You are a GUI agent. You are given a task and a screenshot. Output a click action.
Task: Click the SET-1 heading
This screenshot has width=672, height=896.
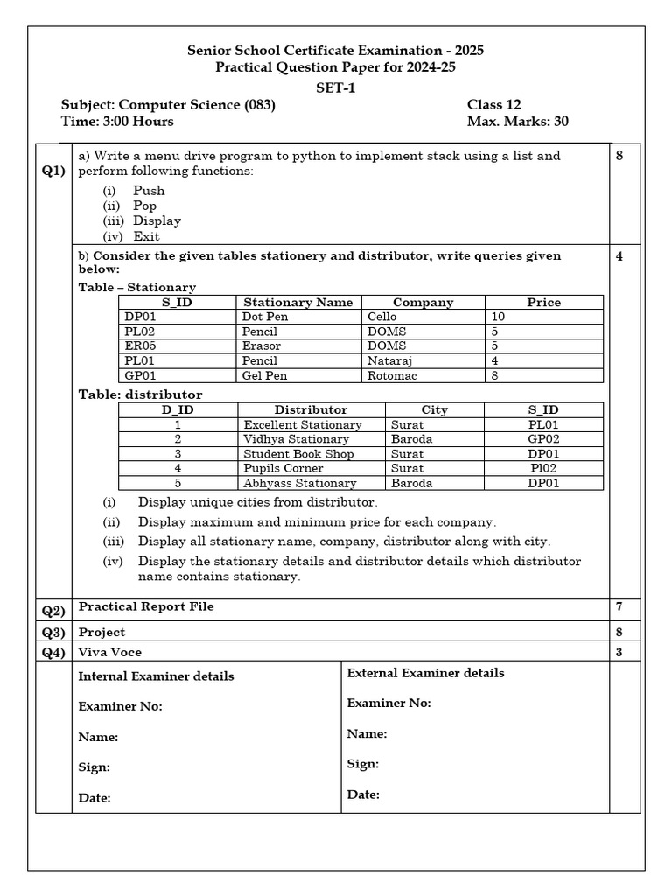[335, 87]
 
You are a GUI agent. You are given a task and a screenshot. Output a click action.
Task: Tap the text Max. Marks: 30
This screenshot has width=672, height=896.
[517, 122]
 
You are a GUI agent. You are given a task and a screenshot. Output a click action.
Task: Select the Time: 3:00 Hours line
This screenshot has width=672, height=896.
[117, 122]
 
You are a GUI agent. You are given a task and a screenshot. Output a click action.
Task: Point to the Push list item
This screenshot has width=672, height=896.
[148, 190]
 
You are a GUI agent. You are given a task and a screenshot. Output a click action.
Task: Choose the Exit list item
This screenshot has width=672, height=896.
[146, 236]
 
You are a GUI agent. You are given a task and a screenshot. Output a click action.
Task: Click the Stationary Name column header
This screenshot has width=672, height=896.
[297, 302]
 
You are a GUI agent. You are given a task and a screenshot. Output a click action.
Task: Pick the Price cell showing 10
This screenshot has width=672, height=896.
[499, 317]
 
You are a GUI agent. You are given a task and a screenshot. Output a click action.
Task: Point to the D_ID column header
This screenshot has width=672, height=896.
[178, 409]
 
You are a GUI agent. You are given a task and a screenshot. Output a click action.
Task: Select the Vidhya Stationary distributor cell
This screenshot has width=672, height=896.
[296, 439]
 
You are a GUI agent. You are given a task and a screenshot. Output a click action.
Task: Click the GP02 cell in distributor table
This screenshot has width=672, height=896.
[543, 439]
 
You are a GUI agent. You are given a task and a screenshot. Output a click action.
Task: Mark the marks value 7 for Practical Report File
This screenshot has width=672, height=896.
[619, 606]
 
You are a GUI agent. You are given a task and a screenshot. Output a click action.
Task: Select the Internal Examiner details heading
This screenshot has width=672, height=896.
[156, 676]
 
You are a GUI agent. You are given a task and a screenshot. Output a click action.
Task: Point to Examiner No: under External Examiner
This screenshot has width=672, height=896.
[388, 703]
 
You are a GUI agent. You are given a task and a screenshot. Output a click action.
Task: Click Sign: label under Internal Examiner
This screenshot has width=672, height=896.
[94, 767]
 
